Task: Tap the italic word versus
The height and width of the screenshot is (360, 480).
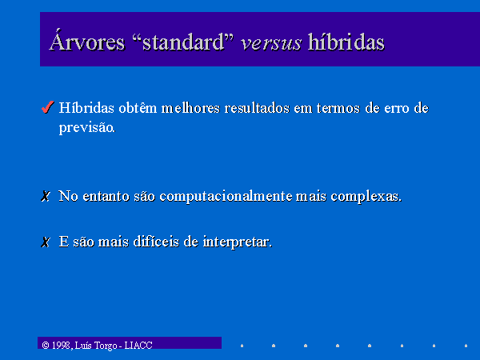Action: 271,43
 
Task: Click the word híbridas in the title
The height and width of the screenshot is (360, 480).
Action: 346,41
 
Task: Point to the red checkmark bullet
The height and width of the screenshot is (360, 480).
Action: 47,107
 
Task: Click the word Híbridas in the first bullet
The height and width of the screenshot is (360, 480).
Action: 86,108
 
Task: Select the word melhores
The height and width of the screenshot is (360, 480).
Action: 190,108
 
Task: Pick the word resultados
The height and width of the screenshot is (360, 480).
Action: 257,108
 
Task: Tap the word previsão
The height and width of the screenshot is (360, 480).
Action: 87,128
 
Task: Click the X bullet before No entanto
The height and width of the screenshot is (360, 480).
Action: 46,196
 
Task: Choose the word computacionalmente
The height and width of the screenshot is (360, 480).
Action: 226,197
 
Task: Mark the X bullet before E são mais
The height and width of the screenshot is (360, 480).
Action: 46,242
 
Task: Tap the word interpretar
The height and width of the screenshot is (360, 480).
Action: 238,242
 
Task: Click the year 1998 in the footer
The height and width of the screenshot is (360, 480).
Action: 62,346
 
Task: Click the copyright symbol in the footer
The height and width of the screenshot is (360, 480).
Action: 46,346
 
